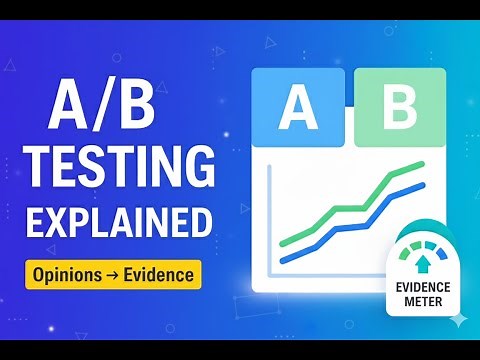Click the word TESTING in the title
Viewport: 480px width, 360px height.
point(118,164)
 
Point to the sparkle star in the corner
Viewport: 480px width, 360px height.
point(458,318)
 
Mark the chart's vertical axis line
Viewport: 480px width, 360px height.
point(269,220)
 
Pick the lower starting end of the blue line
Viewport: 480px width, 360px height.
point(284,261)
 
